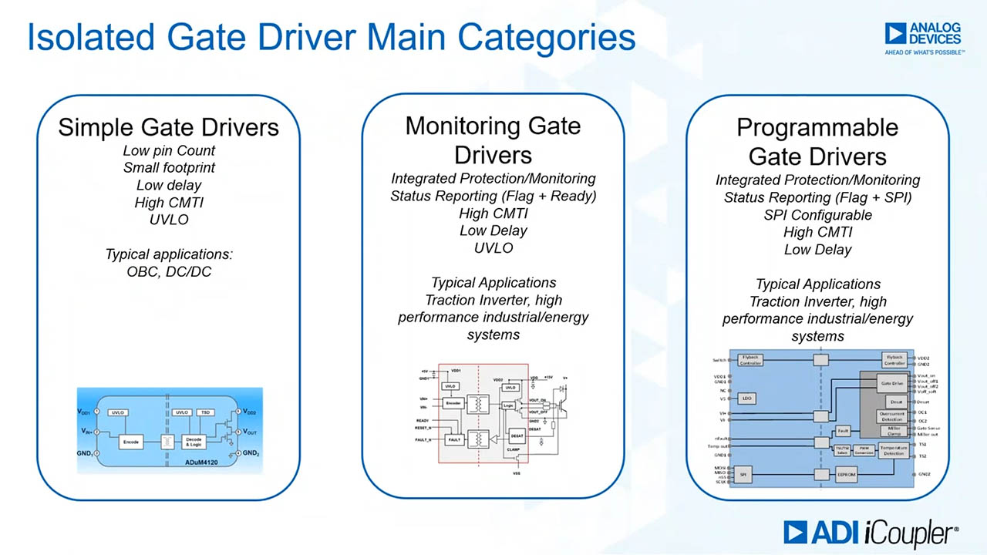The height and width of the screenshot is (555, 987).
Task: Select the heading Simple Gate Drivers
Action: pyautogui.click(x=169, y=127)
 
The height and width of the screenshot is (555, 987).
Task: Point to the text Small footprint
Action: pyautogui.click(x=169, y=167)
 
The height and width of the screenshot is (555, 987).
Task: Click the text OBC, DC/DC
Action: pyautogui.click(x=169, y=271)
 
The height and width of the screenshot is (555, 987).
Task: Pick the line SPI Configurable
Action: pyautogui.click(x=817, y=215)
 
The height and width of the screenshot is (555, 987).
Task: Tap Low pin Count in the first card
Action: pyautogui.click(x=169, y=150)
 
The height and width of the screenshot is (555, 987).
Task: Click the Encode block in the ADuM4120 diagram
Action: pyautogui.click(x=130, y=442)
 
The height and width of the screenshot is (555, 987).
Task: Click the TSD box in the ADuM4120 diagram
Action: pyautogui.click(x=204, y=413)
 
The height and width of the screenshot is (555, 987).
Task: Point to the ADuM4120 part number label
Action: pyautogui.click(x=227, y=462)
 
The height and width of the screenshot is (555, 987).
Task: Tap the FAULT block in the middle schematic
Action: pyautogui.click(x=455, y=439)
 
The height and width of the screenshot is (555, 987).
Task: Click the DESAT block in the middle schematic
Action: pyautogui.click(x=516, y=436)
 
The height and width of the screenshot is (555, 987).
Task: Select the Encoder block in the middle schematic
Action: pyautogui.click(x=453, y=403)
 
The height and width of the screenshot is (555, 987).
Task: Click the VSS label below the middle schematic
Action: pyautogui.click(x=516, y=473)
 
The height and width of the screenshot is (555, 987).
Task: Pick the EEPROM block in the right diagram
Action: pyautogui.click(x=846, y=476)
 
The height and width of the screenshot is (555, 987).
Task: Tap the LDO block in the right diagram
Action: pyautogui.click(x=746, y=398)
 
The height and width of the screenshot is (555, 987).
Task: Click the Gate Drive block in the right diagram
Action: pyautogui.click(x=891, y=382)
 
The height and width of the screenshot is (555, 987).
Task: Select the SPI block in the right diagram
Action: pyautogui.click(x=743, y=476)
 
